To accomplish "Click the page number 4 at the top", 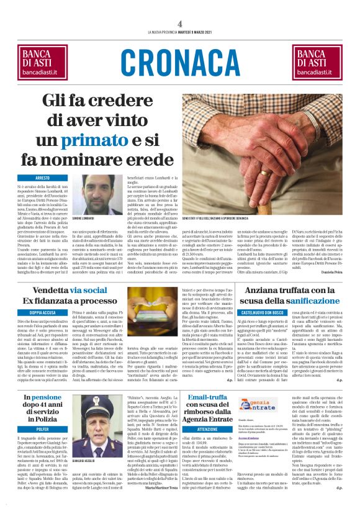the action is (x=179, y=23).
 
